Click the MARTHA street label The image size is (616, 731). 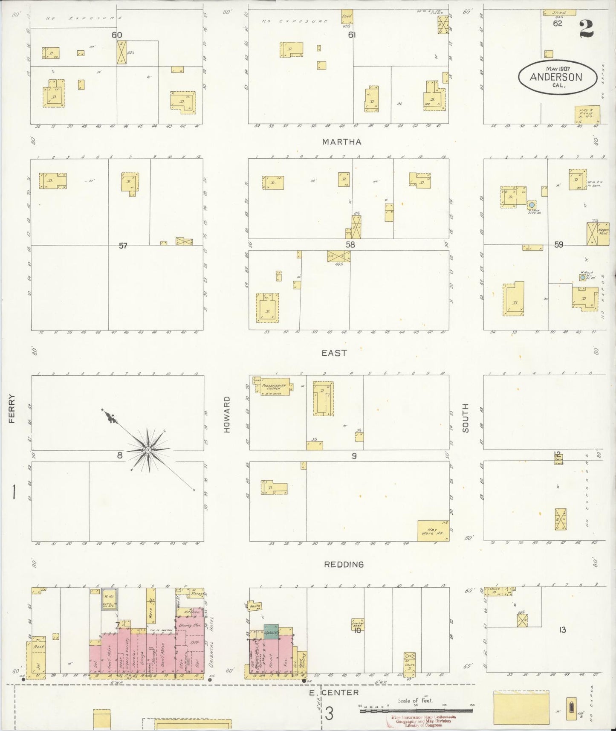click(341, 142)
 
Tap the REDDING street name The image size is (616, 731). click(344, 564)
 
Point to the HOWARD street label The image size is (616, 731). click(227, 415)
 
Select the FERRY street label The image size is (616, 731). click(12, 409)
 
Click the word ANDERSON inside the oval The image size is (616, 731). click(556, 77)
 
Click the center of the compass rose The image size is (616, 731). click(147, 450)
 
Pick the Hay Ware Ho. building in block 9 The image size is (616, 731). click(433, 531)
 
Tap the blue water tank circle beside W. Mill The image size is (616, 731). click(582, 277)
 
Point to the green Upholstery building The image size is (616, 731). click(271, 631)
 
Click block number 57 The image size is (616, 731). click(123, 246)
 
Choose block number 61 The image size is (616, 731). click(351, 35)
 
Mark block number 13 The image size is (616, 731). click(562, 629)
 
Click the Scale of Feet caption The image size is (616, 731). click(415, 701)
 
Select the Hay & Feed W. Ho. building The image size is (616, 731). click(587, 114)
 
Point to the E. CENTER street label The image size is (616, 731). click(334, 693)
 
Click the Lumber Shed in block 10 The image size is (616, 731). click(358, 624)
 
